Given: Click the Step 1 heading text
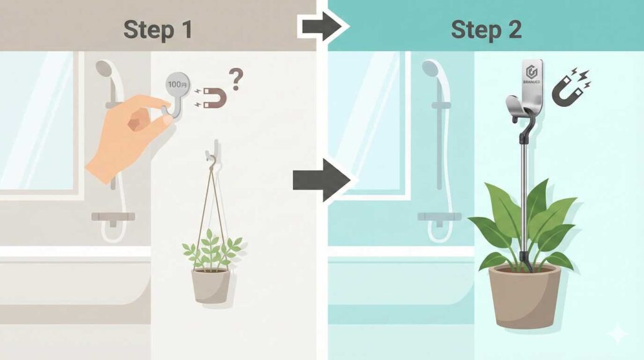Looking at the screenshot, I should [x=158, y=29].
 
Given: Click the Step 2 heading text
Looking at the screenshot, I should [x=486, y=29].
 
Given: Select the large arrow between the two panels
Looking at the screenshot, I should [x=320, y=179].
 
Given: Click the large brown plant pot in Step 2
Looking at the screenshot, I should [x=525, y=295].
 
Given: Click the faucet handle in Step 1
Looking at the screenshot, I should [x=113, y=217].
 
